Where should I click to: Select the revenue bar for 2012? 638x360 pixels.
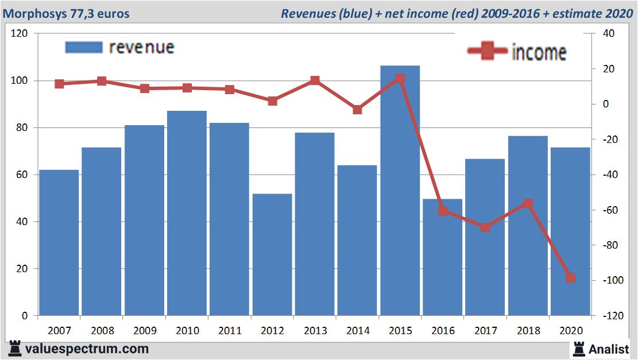pos(272,255)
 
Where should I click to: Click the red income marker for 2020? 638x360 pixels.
pos(570,278)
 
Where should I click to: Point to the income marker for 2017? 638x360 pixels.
pos(485,227)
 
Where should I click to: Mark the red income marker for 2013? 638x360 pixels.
pos(315,81)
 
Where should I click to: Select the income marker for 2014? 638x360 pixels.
pos(357,110)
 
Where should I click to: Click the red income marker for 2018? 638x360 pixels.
pos(528,204)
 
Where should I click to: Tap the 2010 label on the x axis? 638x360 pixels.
pos(187,331)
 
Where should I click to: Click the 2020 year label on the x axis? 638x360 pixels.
pos(570,331)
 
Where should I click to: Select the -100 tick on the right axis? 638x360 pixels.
pos(610,280)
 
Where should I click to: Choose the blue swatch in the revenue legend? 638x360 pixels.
pos(84,47)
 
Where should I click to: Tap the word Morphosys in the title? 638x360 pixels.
pos(30,13)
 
